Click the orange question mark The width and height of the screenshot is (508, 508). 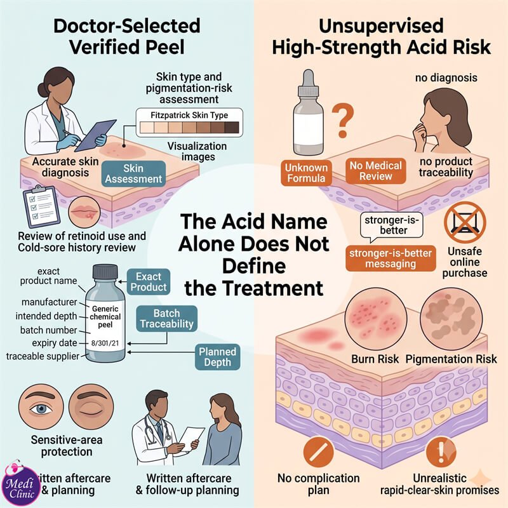point(343,121)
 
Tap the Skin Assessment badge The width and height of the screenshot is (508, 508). point(133,173)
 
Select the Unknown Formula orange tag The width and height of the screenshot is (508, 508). point(306,173)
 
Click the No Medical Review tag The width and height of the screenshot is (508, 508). point(375,171)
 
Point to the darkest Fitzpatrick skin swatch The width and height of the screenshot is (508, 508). point(232,128)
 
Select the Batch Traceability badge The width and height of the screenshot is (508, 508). point(167,319)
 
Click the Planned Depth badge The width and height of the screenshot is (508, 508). point(217,357)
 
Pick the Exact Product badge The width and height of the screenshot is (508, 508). point(149,281)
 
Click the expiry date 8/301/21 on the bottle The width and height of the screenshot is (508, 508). point(105,343)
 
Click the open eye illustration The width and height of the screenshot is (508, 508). point(41,407)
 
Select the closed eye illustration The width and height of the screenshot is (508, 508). point(91,407)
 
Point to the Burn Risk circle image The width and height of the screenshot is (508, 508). point(376,319)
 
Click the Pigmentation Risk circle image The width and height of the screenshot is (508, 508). point(451,319)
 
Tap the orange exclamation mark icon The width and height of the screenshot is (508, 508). point(441,451)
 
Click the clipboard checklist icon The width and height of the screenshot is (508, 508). point(41,206)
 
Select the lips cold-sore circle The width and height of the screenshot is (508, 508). point(84,212)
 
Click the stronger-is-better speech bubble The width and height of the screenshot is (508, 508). point(391,226)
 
